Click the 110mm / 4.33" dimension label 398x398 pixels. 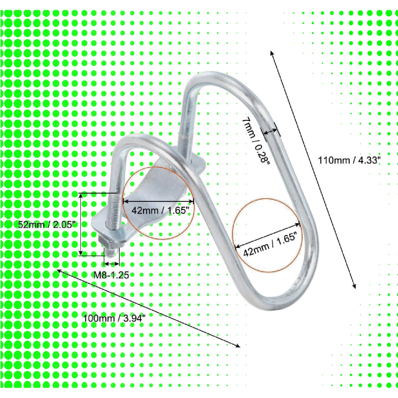(x=349, y=161)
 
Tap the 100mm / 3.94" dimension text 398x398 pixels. (x=115, y=318)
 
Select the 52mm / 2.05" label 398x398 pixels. (x=47, y=224)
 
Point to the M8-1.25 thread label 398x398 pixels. (x=112, y=275)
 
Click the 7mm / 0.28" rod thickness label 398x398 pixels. (x=255, y=141)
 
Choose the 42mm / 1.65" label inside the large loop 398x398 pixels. (x=270, y=244)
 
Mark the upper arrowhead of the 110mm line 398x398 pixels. (x=271, y=52)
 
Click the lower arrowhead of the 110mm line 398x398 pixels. (x=354, y=286)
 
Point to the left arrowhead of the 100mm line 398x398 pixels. (x=59, y=271)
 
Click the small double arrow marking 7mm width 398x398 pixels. (x=271, y=131)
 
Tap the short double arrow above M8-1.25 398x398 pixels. (x=112, y=264)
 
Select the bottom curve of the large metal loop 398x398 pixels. (x=279, y=302)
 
